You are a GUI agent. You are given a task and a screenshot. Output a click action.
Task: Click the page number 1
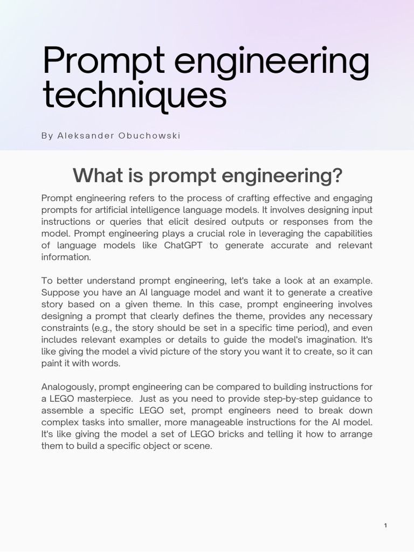(385, 526)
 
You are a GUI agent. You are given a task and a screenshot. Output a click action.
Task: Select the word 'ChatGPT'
(196, 245)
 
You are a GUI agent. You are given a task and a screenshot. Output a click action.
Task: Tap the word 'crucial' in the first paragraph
(218, 233)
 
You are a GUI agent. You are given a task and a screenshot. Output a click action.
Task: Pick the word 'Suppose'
(59, 292)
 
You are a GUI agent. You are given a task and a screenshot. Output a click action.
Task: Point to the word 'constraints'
(64, 328)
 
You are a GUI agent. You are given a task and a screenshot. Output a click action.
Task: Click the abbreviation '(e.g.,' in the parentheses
(103, 328)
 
